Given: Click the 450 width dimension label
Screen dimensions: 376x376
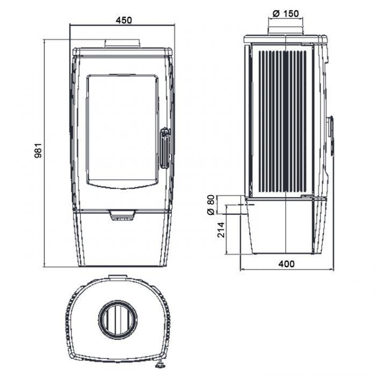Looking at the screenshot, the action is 124,20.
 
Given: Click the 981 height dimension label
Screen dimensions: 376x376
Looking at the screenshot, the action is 38,150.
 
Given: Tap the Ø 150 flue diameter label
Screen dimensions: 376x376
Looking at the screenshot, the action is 286,13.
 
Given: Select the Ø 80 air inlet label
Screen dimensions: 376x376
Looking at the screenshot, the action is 211,205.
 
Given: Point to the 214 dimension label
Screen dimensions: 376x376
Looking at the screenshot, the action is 221,230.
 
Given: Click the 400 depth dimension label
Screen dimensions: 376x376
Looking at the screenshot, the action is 286,264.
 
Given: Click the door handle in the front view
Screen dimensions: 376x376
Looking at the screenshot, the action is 165,148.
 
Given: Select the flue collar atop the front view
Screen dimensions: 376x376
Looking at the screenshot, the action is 122,44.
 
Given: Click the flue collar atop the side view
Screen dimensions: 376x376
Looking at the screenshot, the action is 286,31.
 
